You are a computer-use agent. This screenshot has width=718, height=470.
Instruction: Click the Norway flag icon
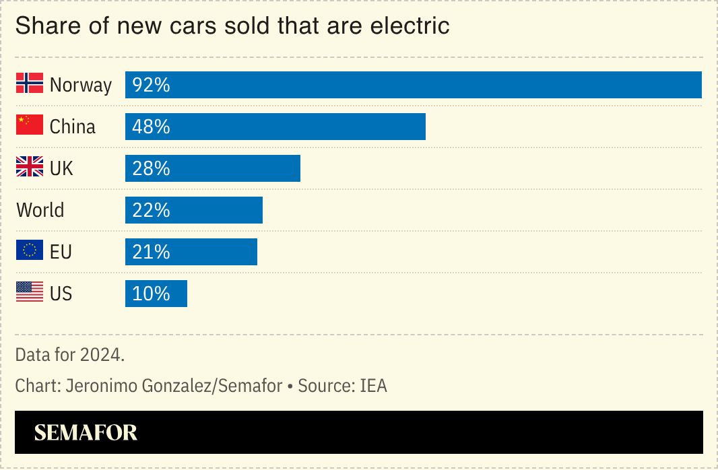coord(30,83)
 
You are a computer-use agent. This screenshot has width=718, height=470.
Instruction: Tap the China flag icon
coord(30,125)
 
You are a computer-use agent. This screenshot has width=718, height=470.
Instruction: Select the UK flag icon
coord(30,167)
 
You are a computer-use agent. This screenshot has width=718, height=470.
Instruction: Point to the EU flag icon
coord(30,250)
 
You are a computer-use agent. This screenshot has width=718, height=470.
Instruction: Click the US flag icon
coord(30,292)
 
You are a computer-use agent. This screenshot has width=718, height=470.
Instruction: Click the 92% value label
coord(151,86)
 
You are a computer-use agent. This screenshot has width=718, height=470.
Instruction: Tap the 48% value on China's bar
coord(151,127)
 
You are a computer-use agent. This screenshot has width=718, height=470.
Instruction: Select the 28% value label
coord(151,168)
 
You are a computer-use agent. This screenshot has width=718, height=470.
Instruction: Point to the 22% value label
coord(151,210)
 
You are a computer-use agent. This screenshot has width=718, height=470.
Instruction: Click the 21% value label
coord(151,252)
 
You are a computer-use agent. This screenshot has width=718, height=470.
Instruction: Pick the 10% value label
coord(151,294)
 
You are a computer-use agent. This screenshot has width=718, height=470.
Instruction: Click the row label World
coord(40,210)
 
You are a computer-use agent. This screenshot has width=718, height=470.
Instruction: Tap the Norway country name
coord(81,86)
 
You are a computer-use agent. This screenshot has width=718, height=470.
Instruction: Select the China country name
coord(73,127)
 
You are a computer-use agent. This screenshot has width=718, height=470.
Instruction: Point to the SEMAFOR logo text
coord(86,432)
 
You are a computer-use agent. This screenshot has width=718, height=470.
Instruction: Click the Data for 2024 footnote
coord(70,354)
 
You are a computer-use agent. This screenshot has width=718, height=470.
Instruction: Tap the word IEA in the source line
coord(373,386)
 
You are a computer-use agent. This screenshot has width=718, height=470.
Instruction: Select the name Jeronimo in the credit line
coord(105,386)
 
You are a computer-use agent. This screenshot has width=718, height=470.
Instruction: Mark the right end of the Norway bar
coord(699,85)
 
